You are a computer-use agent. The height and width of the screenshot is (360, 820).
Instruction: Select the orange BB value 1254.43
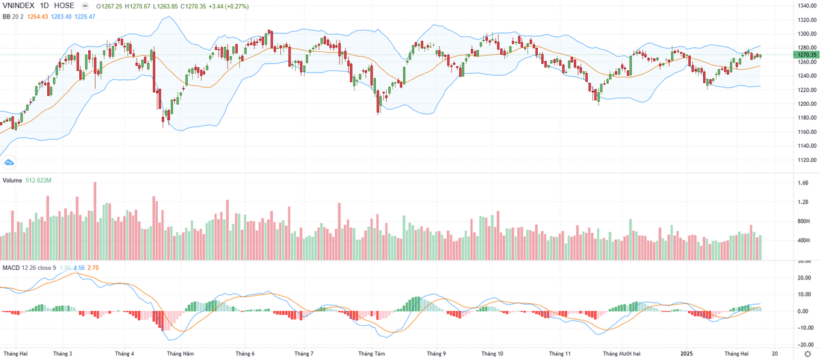tap(37, 16)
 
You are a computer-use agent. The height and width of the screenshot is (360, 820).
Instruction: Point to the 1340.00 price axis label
tap(808, 5)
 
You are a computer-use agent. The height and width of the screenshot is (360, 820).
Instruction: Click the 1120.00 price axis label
tap(808, 160)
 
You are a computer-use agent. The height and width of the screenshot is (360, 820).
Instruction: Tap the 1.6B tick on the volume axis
tap(804, 183)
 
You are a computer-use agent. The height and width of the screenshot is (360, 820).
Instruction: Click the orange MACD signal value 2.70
tap(93, 267)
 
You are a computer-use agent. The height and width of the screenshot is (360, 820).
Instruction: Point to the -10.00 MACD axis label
tap(804, 327)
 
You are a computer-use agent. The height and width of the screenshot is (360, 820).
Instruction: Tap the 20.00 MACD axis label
tap(804, 277)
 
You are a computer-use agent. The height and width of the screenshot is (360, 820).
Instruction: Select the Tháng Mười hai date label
tap(622, 354)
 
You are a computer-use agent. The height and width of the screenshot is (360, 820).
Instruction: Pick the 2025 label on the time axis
tap(688, 354)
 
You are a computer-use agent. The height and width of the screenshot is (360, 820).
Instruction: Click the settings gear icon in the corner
tap(808, 354)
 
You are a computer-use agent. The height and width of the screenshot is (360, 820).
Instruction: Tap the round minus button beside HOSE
tap(85, 6)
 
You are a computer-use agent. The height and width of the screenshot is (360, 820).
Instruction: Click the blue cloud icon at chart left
tap(9, 162)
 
